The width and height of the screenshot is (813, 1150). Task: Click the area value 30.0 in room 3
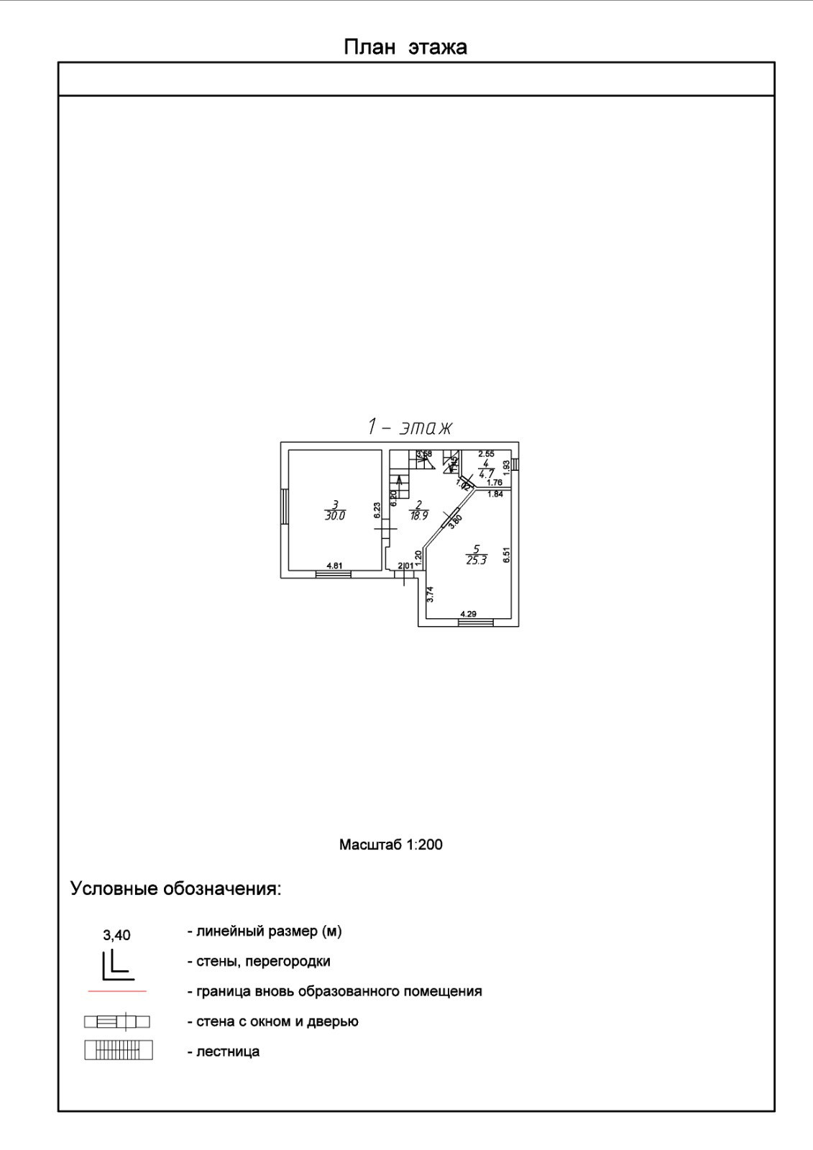335,515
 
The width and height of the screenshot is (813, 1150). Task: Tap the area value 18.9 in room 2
418,515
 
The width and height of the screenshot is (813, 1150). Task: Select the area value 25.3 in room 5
477,560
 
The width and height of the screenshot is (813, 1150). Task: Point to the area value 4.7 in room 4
487,474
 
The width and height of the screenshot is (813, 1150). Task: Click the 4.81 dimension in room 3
334,566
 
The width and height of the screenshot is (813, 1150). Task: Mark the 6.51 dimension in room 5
506,555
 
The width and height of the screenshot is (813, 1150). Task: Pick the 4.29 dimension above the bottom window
468,614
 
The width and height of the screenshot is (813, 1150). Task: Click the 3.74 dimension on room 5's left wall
430,594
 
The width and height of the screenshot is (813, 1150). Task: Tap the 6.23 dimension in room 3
377,510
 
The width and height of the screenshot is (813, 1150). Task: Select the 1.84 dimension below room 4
495,494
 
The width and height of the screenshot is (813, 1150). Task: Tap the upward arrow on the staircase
399,480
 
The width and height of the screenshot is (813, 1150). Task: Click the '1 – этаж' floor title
410,427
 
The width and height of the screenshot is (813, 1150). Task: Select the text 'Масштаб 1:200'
390,845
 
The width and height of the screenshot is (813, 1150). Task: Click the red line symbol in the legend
117,991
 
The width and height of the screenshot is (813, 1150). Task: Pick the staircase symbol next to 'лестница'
118,1051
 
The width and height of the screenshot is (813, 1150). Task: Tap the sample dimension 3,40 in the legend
117,935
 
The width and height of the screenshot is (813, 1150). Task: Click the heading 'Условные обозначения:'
175,888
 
